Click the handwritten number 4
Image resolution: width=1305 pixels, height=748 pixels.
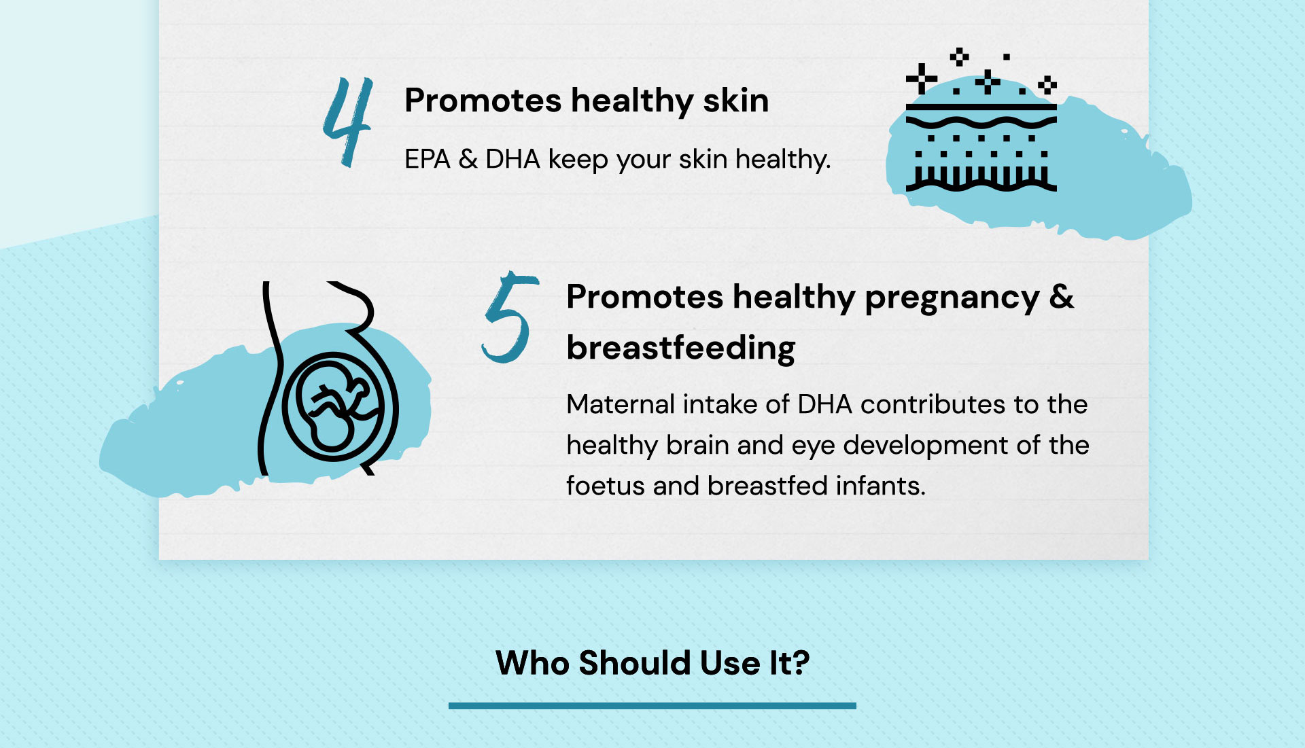(x=348, y=122)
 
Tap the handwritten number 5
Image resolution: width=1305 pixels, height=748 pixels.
(x=510, y=317)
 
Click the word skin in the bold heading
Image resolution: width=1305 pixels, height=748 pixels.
(x=735, y=101)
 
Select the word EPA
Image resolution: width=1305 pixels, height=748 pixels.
(x=428, y=160)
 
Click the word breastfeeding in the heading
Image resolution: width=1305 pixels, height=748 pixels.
(x=680, y=348)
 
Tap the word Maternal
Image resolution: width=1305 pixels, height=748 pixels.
(x=620, y=404)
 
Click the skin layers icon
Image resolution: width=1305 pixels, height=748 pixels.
(x=981, y=120)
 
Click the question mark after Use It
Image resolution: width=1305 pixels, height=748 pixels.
(x=800, y=663)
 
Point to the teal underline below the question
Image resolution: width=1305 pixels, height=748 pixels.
(x=652, y=706)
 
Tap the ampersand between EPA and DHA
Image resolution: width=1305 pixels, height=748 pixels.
(x=468, y=160)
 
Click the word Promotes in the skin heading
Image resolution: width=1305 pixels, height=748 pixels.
(x=483, y=101)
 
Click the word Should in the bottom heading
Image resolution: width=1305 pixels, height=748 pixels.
(x=635, y=663)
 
